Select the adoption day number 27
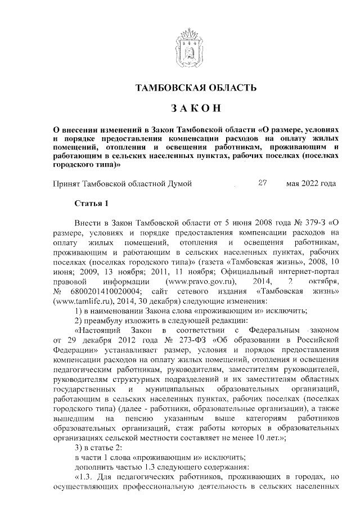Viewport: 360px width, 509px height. (262, 183)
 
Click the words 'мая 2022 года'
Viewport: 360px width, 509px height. (311, 183)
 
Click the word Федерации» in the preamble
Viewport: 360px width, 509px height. (75, 350)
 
